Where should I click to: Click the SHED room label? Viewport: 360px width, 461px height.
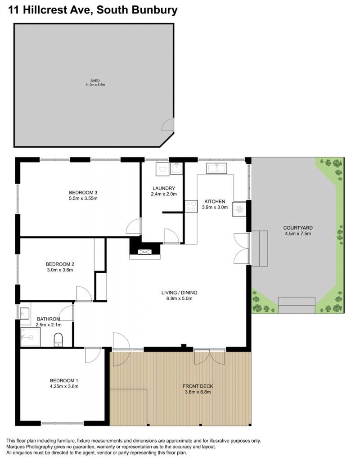pos(95,81)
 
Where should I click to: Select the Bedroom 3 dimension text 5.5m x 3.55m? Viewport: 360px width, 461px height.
pos(83,198)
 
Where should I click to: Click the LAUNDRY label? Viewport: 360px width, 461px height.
pos(164,188)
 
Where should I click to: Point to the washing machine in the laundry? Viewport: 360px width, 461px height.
pos(162,169)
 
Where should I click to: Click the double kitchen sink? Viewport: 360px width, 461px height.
pos(216,168)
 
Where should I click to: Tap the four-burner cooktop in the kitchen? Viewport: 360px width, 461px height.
pos(191,206)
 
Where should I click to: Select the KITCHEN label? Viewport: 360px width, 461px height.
pos(215,201)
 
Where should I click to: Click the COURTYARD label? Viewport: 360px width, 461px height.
pos(298,228)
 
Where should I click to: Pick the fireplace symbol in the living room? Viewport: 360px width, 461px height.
pos(145,252)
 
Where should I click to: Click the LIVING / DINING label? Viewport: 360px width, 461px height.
pos(179,293)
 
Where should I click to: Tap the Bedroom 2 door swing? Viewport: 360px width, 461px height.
pos(84,294)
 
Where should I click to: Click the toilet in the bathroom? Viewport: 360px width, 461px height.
pos(58,339)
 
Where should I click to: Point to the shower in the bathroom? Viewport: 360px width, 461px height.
pos(30,337)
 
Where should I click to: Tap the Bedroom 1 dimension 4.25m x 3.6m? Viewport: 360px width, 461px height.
pos(64,386)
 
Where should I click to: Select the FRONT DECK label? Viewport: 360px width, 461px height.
pos(198,386)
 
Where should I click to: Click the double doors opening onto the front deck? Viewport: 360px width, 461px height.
pos(210,357)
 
